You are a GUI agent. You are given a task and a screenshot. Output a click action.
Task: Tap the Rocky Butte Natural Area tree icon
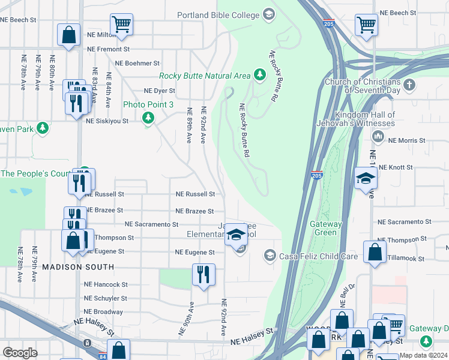click(x=259, y=75)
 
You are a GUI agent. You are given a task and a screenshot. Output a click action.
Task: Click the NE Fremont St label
click(x=109, y=49)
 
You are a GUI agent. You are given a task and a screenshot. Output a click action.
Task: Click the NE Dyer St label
click(x=159, y=91)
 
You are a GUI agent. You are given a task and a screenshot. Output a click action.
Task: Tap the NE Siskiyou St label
click(x=107, y=121)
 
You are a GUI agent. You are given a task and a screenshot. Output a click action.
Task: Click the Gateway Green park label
click(x=326, y=228)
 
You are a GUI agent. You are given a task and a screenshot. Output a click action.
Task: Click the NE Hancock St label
click(x=106, y=284)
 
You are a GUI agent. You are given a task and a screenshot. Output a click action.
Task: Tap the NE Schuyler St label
click(x=106, y=298)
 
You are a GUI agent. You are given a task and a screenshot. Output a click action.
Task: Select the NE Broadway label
click(x=103, y=312)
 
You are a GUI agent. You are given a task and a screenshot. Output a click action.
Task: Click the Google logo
click(x=20, y=353)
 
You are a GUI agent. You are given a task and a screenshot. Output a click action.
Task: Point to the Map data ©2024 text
click(x=423, y=355)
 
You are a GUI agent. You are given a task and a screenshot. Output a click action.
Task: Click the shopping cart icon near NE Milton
click(x=121, y=24)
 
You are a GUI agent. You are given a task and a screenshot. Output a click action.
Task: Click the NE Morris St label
click(x=406, y=140)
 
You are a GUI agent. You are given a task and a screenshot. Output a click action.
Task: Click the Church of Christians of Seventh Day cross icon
click(x=410, y=84)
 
